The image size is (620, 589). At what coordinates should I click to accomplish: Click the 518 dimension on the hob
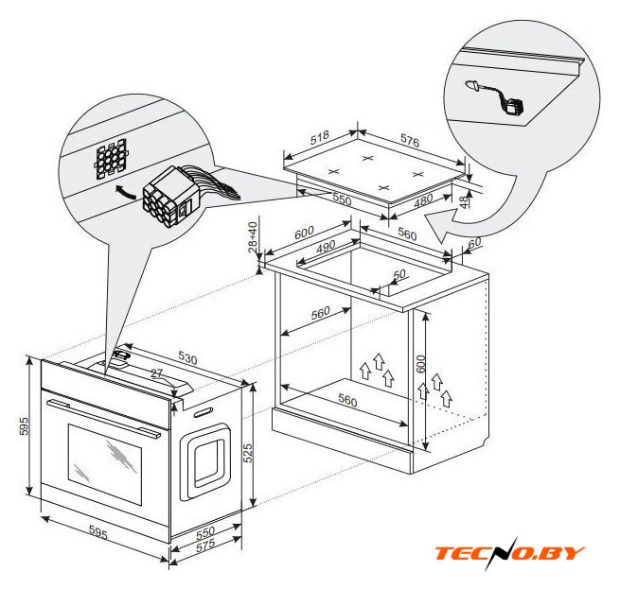click(320, 137)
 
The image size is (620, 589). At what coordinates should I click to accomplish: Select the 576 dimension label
click(410, 140)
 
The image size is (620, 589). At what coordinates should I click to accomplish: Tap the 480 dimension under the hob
click(423, 201)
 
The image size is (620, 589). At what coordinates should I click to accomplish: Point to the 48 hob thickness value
click(464, 201)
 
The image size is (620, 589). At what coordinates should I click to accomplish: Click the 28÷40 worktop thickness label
click(253, 237)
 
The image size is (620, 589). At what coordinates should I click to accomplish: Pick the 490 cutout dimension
click(326, 247)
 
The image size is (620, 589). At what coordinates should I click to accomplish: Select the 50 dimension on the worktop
click(399, 274)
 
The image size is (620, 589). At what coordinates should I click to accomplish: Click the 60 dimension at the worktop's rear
click(474, 243)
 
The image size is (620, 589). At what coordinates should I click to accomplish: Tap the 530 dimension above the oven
click(187, 357)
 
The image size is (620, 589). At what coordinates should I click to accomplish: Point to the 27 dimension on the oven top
click(156, 373)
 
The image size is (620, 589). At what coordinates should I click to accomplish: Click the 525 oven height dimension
click(247, 453)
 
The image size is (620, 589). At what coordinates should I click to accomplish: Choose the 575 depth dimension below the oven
click(205, 545)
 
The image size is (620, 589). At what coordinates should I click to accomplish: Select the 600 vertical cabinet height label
click(420, 364)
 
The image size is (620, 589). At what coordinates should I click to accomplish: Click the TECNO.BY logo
click(509, 552)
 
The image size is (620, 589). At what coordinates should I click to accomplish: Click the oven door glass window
click(105, 464)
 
